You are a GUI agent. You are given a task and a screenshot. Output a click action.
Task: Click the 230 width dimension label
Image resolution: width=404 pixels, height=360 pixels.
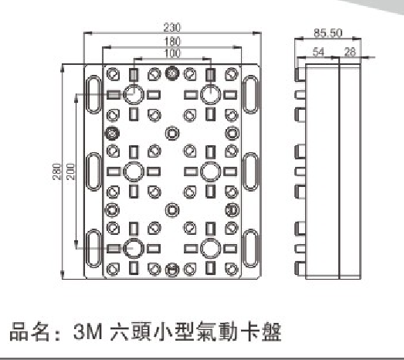click(x=172, y=28)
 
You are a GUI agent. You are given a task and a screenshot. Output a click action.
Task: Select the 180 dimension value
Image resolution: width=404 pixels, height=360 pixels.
click(x=172, y=42)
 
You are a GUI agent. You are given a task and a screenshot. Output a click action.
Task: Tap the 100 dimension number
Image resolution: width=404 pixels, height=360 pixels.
click(x=172, y=53)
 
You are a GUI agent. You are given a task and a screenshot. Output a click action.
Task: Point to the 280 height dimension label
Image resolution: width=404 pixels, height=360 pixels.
click(x=57, y=172)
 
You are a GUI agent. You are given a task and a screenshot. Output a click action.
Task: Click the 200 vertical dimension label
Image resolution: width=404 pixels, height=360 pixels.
click(x=70, y=172)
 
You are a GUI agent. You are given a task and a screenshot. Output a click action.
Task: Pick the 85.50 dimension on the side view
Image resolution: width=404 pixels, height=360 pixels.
click(x=328, y=33)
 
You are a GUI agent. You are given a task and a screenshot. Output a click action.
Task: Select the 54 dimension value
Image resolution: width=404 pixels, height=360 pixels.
click(x=318, y=52)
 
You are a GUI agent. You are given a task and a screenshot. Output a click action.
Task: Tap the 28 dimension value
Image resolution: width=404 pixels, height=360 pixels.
click(x=350, y=52)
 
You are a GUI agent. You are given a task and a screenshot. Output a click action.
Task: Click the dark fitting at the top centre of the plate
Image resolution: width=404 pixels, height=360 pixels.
click(x=172, y=73)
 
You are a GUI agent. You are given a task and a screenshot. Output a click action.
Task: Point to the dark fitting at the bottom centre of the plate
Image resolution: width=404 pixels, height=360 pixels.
click(x=172, y=270)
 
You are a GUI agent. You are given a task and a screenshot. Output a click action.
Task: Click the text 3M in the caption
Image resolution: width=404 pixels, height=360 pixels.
click(x=88, y=331)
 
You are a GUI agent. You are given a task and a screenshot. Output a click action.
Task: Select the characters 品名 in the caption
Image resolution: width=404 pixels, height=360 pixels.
click(x=29, y=331)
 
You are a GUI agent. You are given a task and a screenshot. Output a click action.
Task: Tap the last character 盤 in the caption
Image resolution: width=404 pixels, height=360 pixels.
click(x=271, y=331)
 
